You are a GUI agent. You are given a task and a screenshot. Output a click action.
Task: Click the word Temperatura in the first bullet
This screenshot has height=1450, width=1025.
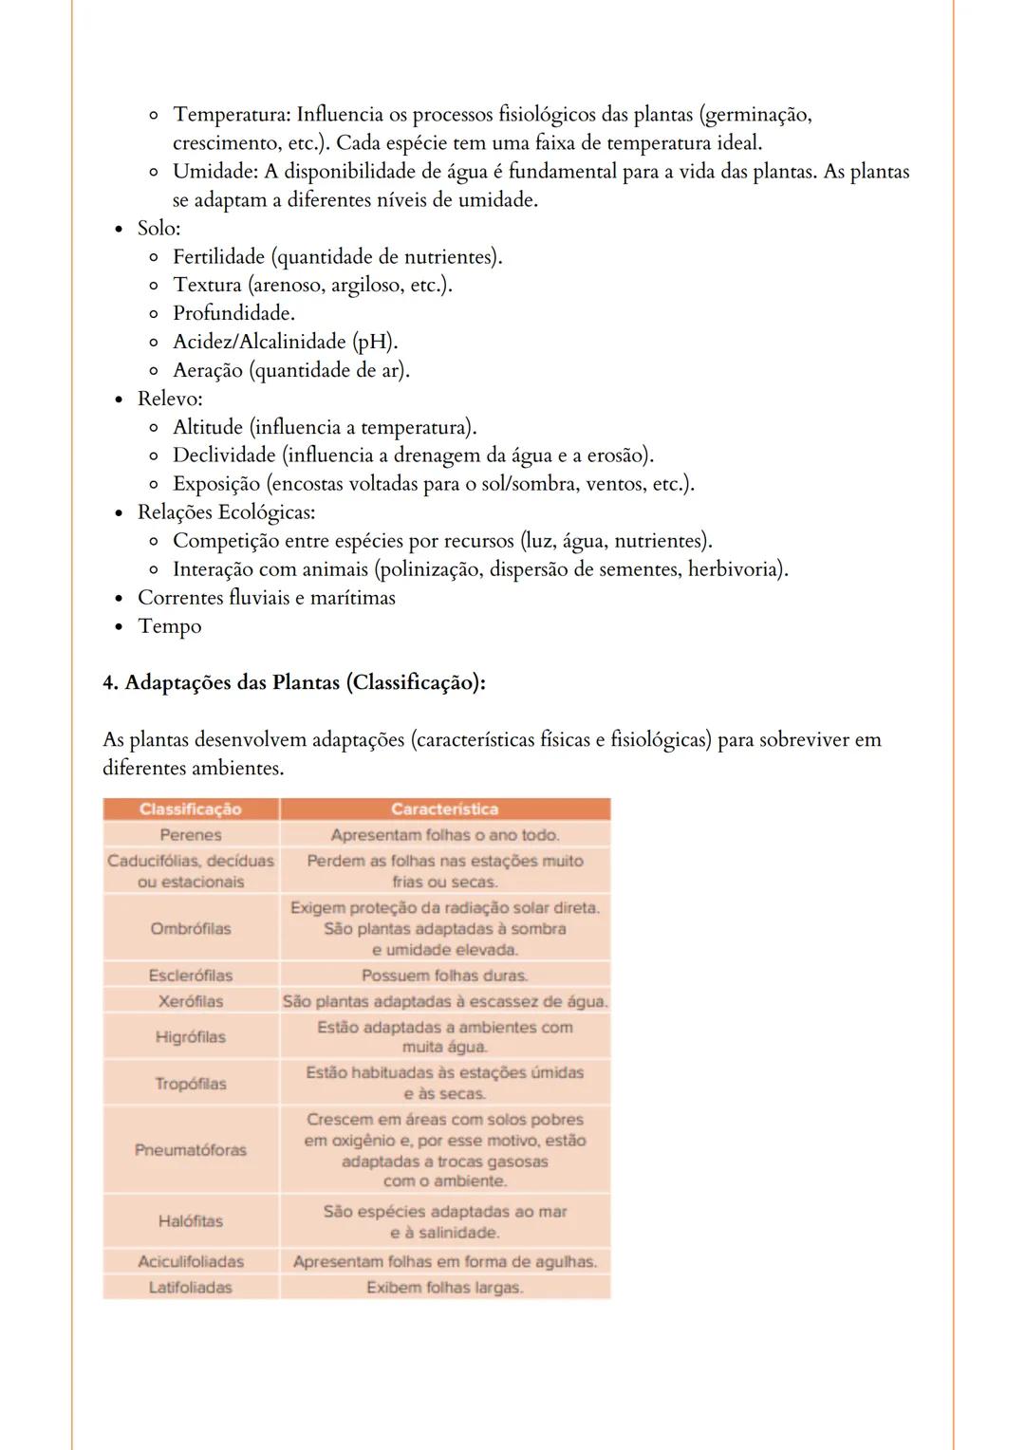(x=231, y=115)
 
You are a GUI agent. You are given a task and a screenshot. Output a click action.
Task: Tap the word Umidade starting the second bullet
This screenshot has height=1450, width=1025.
(x=215, y=172)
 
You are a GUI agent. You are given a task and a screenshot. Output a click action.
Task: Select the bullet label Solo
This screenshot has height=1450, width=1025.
(x=158, y=228)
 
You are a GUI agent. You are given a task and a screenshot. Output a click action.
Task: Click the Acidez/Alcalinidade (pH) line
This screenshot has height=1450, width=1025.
(x=285, y=342)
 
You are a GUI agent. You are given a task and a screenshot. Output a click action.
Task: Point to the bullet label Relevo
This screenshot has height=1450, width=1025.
(x=169, y=399)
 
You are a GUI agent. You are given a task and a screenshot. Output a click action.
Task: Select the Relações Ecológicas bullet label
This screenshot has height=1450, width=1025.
(x=226, y=512)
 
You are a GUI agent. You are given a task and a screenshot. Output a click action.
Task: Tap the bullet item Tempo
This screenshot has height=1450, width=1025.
(x=169, y=626)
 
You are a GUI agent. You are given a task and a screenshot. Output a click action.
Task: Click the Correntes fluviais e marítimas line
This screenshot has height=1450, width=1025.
(x=266, y=598)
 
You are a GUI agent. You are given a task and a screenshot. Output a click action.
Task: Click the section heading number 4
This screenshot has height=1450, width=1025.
(x=110, y=683)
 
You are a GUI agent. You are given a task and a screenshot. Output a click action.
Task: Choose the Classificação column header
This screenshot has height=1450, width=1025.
(x=190, y=809)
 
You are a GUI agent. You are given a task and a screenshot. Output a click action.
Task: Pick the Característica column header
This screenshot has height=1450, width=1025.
(x=444, y=809)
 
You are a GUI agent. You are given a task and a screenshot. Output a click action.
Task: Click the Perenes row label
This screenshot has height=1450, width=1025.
(x=190, y=835)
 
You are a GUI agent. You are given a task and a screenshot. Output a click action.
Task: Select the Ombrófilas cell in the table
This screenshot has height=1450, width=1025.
(x=190, y=929)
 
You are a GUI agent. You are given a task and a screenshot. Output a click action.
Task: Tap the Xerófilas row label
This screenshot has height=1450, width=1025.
(x=190, y=1001)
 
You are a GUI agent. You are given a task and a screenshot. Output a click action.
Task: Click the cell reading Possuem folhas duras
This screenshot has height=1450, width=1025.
(x=444, y=976)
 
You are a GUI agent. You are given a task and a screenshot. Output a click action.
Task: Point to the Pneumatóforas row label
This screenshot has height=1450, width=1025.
(x=190, y=1150)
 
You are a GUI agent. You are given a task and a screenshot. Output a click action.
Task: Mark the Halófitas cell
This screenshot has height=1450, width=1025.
(x=190, y=1221)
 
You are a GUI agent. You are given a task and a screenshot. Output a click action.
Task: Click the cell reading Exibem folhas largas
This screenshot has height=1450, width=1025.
(x=444, y=1288)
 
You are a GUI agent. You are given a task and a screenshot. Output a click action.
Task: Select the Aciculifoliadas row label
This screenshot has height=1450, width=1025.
(x=190, y=1262)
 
